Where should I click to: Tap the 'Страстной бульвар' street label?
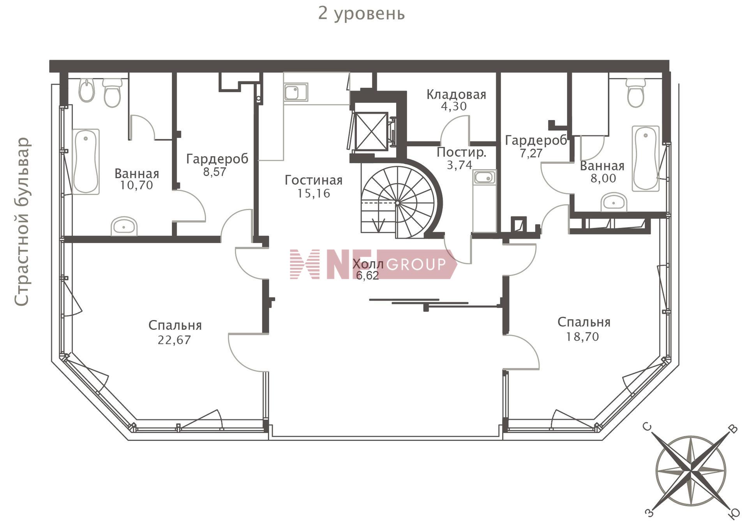click(22, 221)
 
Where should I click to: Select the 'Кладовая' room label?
click(456, 94)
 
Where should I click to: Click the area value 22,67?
click(174, 340)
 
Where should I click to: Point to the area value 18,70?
click(582, 336)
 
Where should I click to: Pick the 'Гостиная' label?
click(314, 180)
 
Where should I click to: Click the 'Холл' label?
click(368, 264)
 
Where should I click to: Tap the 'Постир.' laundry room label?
click(462, 152)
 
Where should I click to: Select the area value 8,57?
click(215, 172)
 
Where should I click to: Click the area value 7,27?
click(531, 153)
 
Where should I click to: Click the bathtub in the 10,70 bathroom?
click(86, 161)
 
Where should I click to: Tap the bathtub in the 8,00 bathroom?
click(646, 158)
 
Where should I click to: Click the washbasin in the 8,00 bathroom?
click(614, 202)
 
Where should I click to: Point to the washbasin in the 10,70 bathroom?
click(124, 226)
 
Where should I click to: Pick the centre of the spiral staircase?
click(397, 203)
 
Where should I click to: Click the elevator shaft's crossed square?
click(372, 131)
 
